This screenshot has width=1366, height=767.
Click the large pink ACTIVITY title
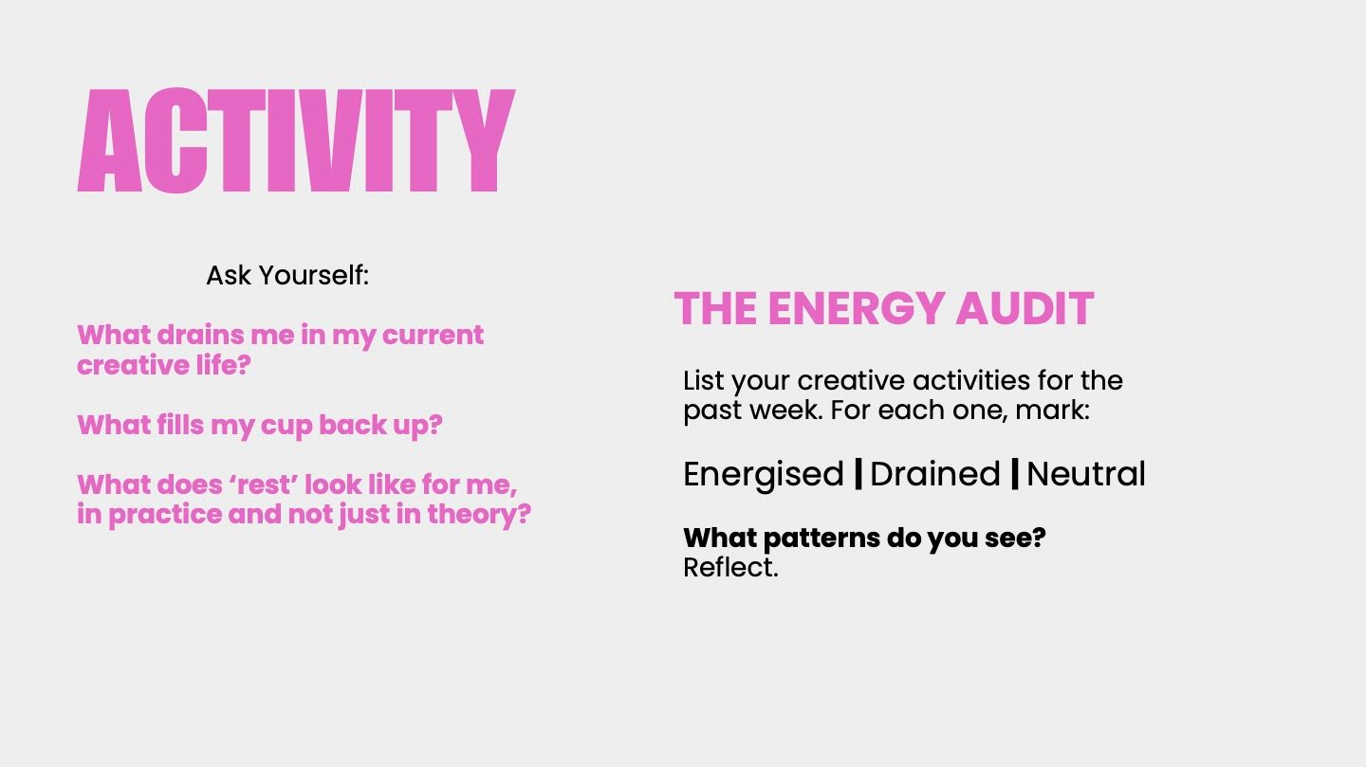296,140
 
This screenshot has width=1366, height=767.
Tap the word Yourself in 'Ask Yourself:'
314,276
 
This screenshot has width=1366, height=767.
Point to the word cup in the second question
286,426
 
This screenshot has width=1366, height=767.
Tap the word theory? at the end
479,514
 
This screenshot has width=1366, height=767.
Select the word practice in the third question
165,515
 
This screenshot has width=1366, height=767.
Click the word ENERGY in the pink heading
856,308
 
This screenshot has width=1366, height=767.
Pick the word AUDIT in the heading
1024,308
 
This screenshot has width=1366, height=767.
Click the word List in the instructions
704,380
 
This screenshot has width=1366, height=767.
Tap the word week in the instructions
786,410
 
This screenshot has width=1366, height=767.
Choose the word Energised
763,474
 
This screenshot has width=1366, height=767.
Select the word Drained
935,474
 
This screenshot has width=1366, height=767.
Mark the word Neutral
1086,474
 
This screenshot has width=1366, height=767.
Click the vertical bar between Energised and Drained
858,474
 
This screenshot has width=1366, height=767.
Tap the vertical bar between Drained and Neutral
1015,474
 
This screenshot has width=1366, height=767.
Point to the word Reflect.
730,568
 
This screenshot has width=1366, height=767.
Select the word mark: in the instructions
1052,410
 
